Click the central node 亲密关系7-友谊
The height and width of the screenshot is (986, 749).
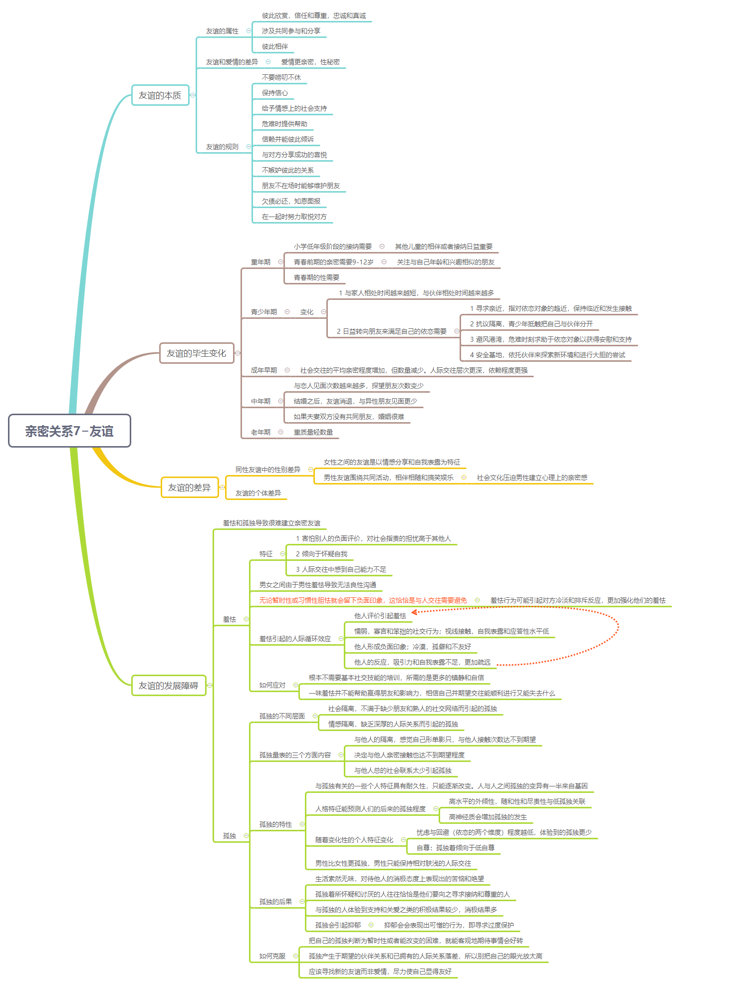(x=69, y=431)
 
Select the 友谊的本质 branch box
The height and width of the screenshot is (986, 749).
(x=160, y=95)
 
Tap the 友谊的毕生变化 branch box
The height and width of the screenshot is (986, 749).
(x=197, y=353)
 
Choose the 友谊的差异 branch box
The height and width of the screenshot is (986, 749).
(x=190, y=488)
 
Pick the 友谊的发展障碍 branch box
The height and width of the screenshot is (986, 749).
(x=169, y=686)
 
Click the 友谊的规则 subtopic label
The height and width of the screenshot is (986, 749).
(x=222, y=147)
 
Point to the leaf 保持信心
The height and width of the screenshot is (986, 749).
(x=275, y=93)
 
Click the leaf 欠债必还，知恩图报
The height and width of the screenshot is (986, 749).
(x=291, y=201)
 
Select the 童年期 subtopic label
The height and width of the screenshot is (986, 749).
(x=260, y=262)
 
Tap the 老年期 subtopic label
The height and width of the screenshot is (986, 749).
(x=260, y=432)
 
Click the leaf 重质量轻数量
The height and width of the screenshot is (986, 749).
(x=313, y=432)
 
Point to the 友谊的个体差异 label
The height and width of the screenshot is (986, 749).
(x=258, y=493)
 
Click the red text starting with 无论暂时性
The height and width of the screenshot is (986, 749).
(x=363, y=600)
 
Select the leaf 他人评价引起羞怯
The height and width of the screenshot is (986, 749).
(x=380, y=616)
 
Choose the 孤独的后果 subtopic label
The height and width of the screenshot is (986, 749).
(x=275, y=902)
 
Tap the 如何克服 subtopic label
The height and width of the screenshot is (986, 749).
(x=272, y=956)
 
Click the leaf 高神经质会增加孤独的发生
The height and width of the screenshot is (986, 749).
(x=488, y=817)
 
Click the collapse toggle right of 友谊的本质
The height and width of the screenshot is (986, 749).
(x=193, y=95)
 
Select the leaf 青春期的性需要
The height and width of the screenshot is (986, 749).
(x=316, y=277)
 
